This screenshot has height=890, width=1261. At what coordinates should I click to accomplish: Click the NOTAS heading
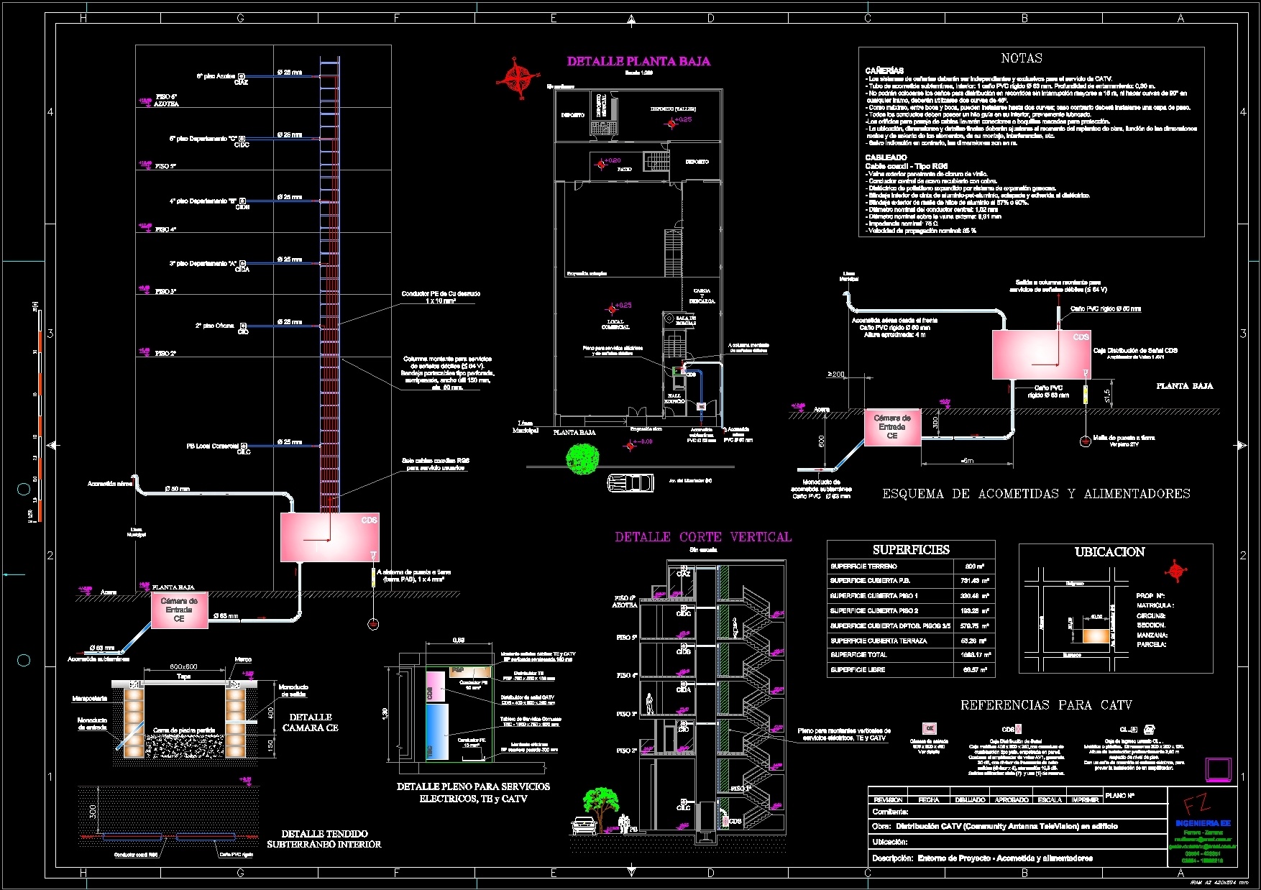point(1021,58)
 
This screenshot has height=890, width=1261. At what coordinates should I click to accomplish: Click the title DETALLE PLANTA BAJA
point(638,62)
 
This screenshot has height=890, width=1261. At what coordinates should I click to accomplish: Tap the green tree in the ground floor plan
point(582,458)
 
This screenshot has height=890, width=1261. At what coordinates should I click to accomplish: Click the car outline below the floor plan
point(630,482)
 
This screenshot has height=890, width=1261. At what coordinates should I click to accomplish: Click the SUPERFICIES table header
point(911,550)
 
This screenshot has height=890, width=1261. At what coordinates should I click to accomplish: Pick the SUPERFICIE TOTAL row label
point(858,655)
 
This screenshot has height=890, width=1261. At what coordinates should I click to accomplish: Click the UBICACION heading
point(1109,552)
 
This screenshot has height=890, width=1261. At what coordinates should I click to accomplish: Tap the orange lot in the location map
point(1096,636)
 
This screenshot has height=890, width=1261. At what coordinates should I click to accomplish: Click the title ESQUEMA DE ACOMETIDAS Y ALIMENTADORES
point(1036,494)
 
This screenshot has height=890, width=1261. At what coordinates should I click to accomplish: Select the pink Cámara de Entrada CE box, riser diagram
point(179,610)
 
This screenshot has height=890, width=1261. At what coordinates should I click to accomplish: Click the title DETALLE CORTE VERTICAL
point(702,537)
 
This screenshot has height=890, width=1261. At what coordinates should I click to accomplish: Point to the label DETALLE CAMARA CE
point(311,722)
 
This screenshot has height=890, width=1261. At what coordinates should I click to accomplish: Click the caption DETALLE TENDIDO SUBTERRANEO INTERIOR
point(324,839)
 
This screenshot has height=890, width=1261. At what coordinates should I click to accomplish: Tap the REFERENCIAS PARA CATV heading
point(1046,705)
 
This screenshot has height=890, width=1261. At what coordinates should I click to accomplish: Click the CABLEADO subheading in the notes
point(886,157)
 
